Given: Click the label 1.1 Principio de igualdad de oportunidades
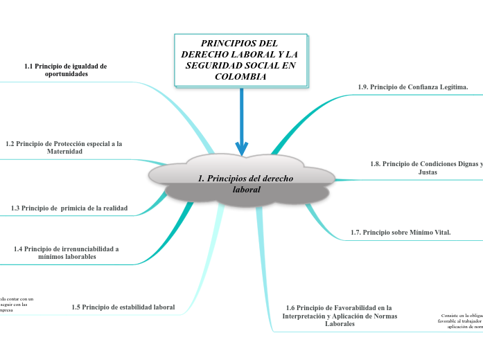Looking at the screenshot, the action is click(65, 70).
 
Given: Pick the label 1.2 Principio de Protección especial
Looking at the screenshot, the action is click(64, 147).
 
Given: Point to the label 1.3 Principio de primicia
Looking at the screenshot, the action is click(69, 208).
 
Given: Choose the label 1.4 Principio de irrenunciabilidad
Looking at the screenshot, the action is click(66, 252).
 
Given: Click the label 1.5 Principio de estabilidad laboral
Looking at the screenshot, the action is click(123, 307).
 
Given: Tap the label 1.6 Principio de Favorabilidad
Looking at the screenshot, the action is click(339, 315).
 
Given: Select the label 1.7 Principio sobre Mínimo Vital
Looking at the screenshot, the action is click(401, 233).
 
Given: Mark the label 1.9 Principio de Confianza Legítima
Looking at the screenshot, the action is click(413, 87).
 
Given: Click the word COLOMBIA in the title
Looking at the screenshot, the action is click(240, 77).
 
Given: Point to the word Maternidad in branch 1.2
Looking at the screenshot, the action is click(64, 152).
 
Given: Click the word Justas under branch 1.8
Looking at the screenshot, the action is click(428, 172).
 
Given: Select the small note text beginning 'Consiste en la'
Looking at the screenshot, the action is click(461, 320).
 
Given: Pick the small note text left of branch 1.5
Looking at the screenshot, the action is click(15, 305).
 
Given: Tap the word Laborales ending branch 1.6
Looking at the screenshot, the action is click(340, 324).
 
